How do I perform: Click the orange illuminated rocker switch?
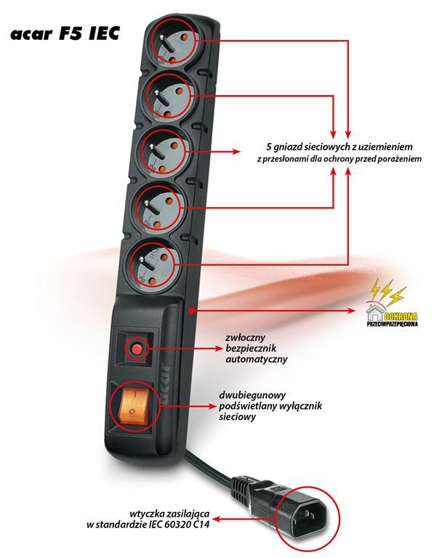133,406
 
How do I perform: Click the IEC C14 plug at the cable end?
307,517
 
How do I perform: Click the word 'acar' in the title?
31,34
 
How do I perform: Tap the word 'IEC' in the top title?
103,33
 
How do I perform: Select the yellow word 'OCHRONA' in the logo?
401,316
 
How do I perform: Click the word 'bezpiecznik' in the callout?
251,349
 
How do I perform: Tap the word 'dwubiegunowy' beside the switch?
252,395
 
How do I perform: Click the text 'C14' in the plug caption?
201,524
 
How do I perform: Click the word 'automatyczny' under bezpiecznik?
257,359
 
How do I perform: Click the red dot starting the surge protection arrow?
191,311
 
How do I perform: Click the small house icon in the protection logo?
374,312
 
